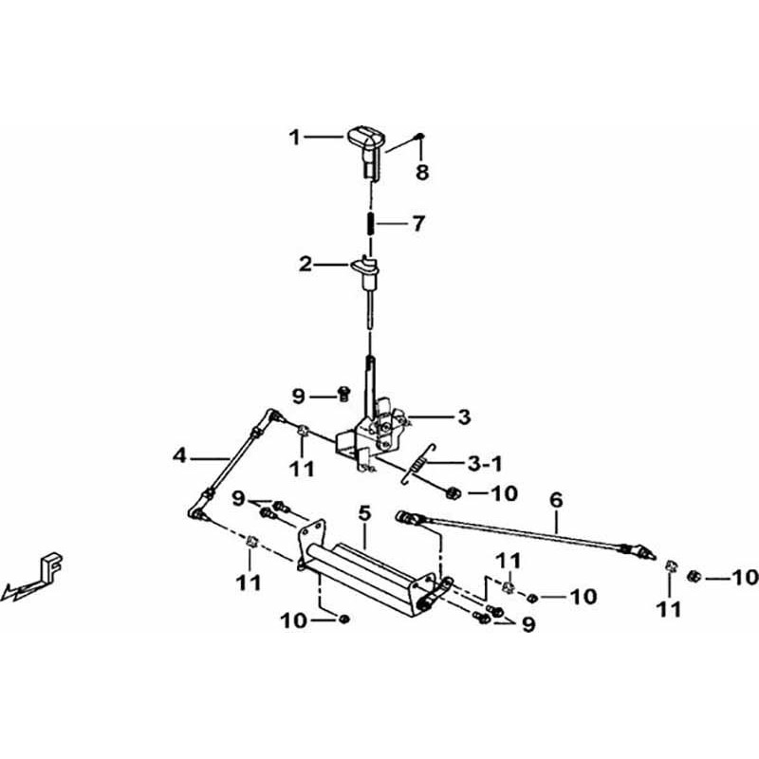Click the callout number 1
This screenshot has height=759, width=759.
click(295, 138)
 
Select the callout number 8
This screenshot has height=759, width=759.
click(422, 172)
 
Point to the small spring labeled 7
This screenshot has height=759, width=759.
click(371, 223)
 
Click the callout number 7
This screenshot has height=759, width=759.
click(418, 223)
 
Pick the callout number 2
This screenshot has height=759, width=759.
click(305, 265)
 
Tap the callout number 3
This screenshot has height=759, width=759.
click(464, 417)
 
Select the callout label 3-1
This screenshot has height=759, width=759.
click(485, 464)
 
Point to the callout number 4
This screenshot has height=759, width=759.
click(179, 455)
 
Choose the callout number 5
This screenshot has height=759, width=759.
click(364, 514)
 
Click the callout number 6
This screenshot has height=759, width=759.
click(556, 500)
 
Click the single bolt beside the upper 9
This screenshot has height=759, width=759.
click(343, 394)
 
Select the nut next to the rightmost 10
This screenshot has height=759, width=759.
click(694, 577)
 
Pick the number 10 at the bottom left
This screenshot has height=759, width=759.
click(294, 620)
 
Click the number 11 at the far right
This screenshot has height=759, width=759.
click(669, 609)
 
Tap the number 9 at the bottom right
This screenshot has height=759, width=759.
click(528, 624)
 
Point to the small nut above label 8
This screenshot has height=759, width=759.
click(420, 137)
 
